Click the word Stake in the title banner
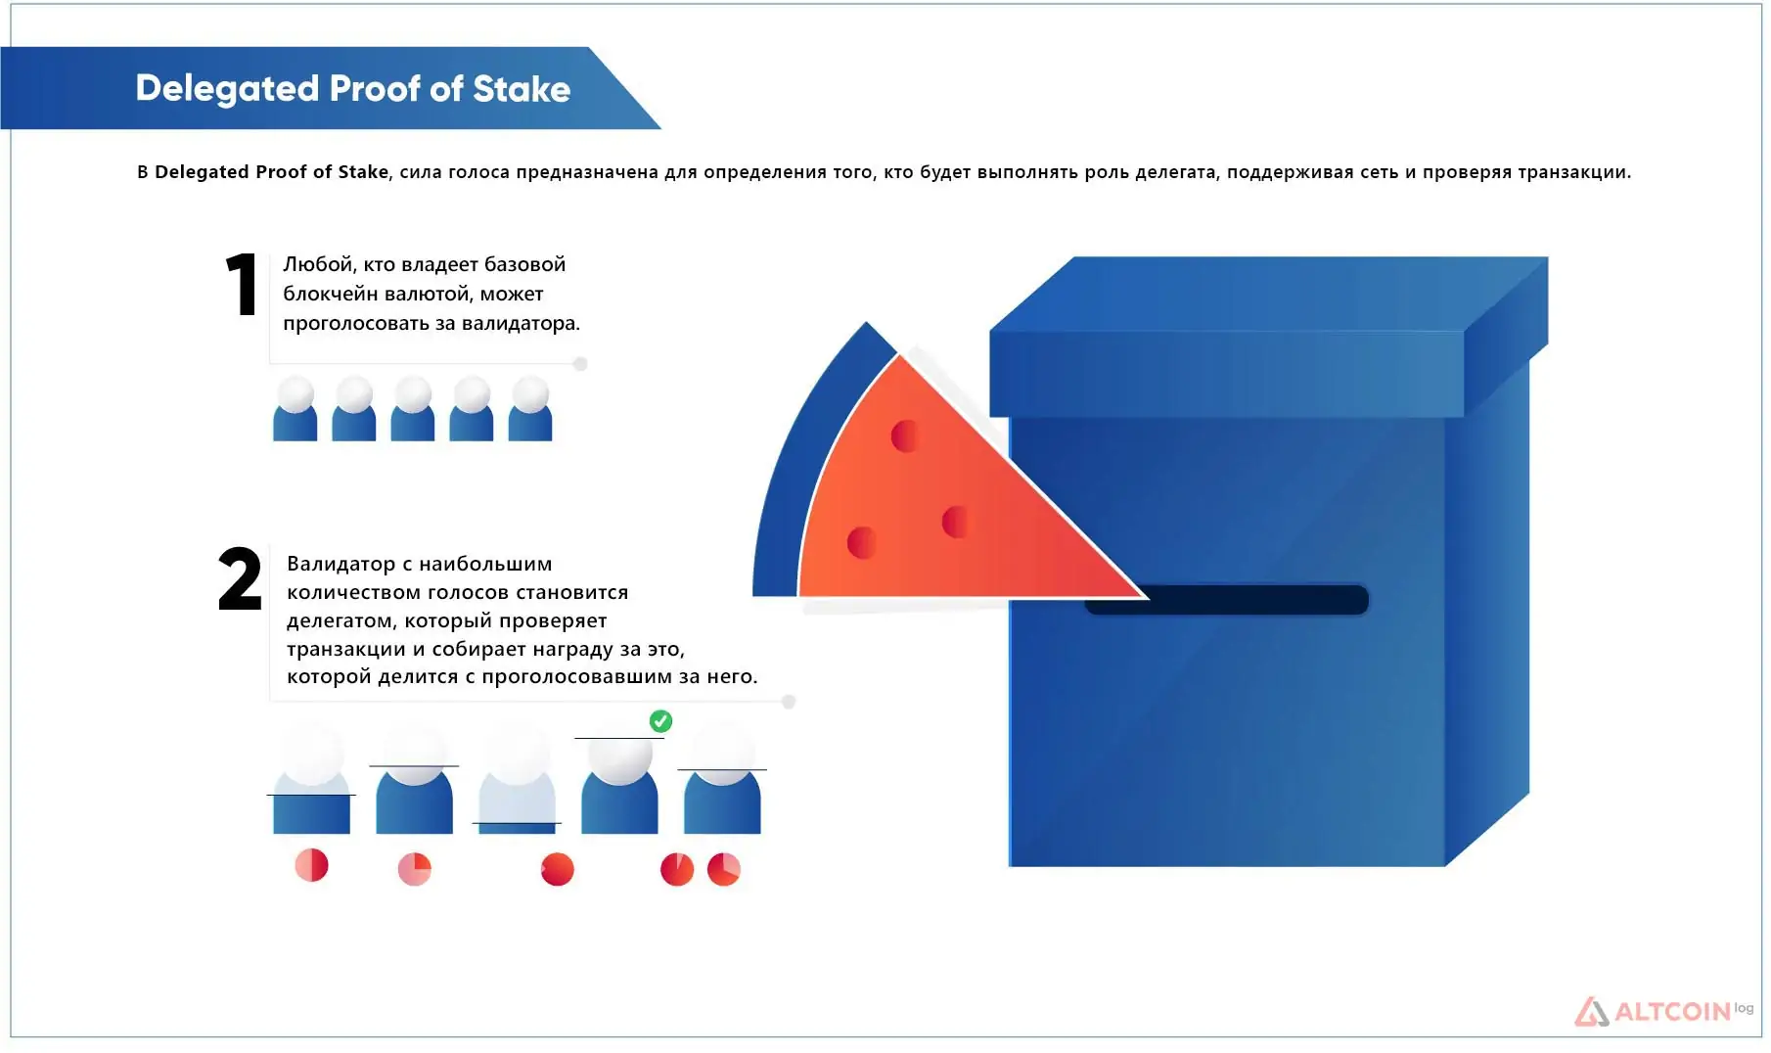[522, 89]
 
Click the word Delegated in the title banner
[228, 90]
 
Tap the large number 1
[242, 285]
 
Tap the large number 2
[240, 578]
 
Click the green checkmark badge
[661, 721]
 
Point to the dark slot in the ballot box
[1227, 600]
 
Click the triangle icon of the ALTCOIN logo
[1592, 1012]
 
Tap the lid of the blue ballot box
[1268, 338]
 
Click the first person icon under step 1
[295, 409]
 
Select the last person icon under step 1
[530, 409]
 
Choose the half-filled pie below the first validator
[312, 865]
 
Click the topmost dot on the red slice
[905, 435]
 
